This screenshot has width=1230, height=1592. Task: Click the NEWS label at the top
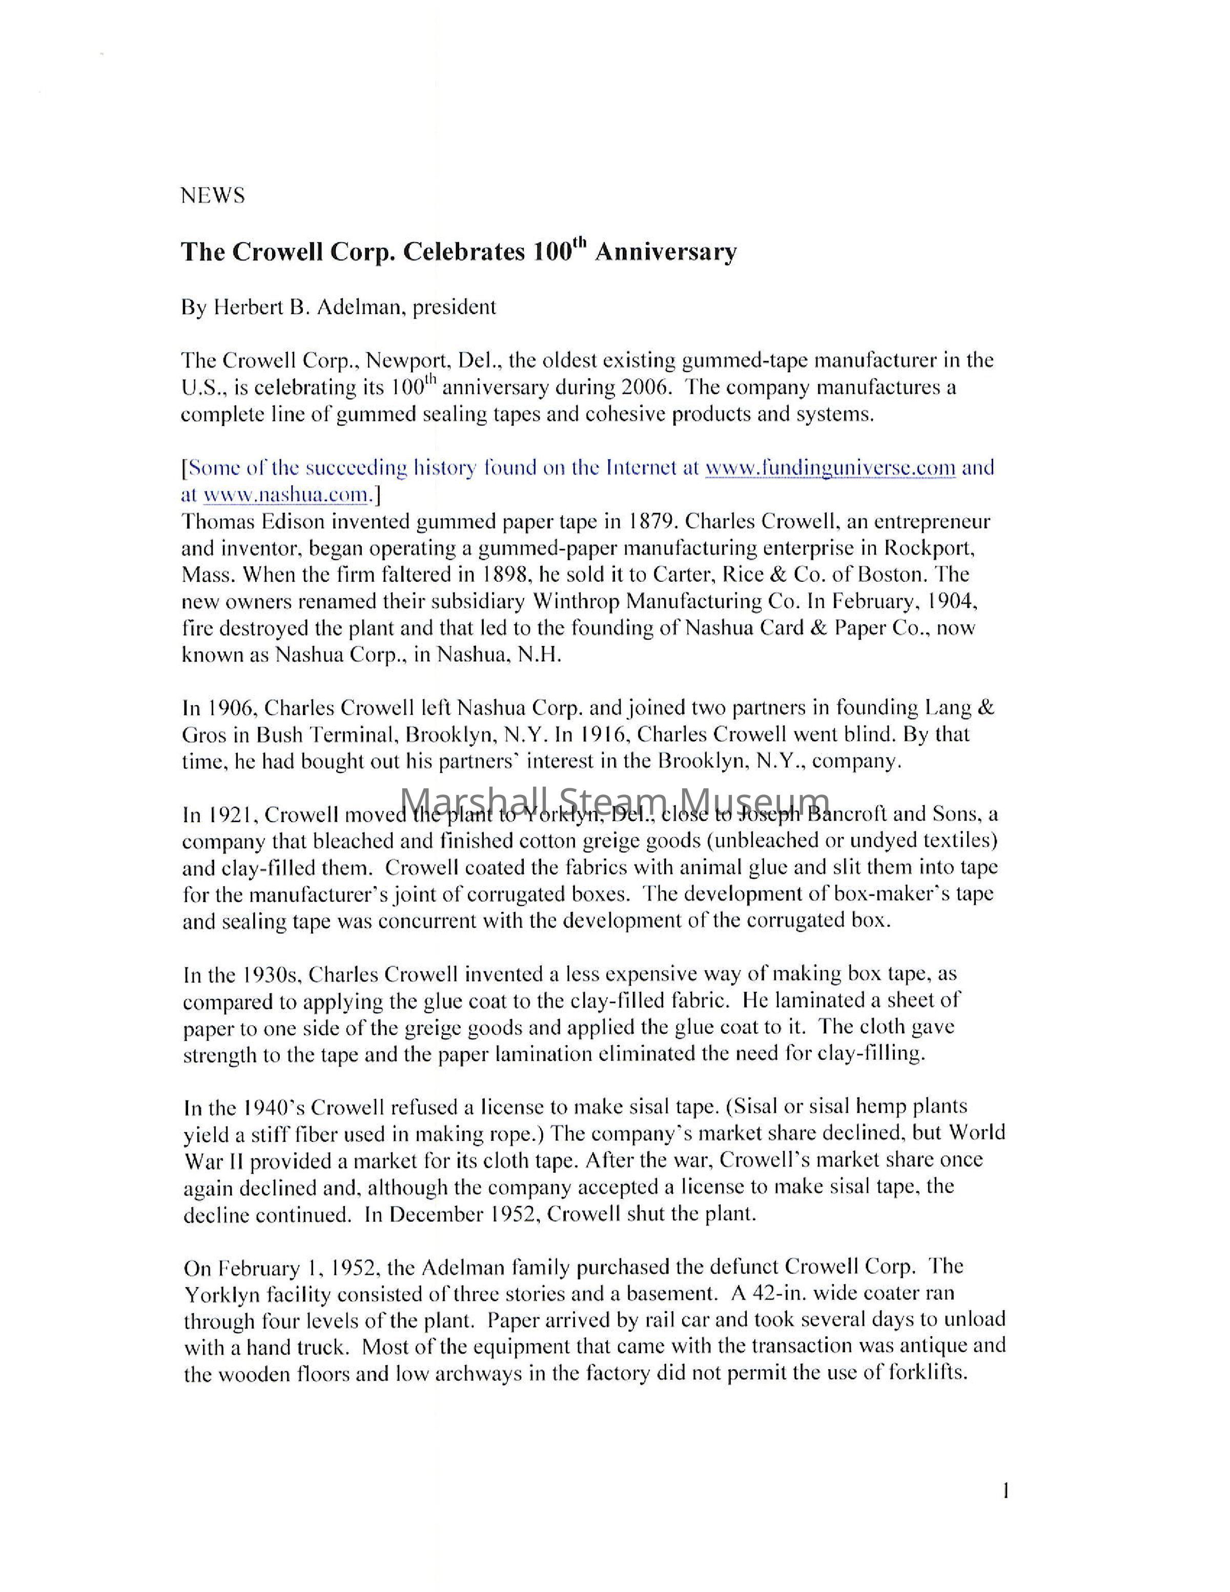[212, 195]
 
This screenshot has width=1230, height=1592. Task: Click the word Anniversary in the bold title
[665, 252]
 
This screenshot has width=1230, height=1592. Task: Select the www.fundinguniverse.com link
[830, 467]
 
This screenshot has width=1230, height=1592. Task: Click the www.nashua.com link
[285, 495]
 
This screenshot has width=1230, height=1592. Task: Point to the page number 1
[1006, 1492]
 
